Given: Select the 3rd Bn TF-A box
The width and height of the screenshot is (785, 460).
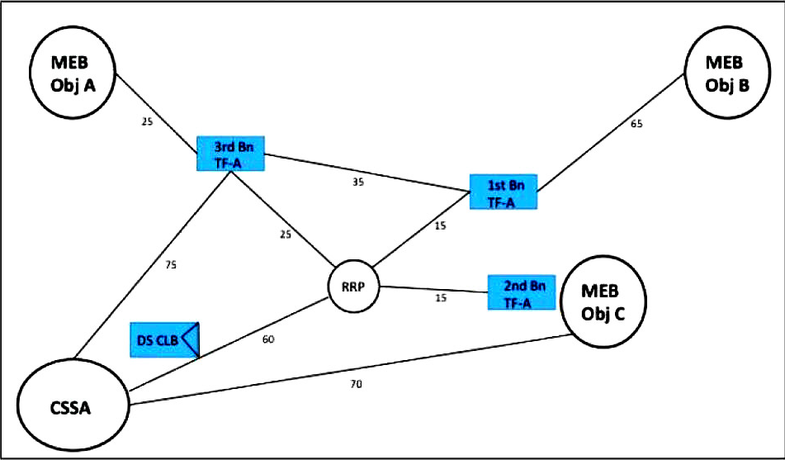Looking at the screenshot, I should pos(230,153).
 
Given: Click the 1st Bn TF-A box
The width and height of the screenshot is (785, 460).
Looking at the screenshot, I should pos(503,191).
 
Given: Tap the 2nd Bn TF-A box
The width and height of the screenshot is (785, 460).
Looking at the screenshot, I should pos(522,293).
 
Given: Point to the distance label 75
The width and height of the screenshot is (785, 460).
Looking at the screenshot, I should pos(170,266).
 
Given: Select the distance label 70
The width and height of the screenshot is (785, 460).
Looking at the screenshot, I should pos(356,384).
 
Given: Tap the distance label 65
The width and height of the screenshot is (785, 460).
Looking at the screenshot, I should pos(636,125).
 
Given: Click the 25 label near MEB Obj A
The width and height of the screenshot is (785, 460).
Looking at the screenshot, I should pos(147,122).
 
